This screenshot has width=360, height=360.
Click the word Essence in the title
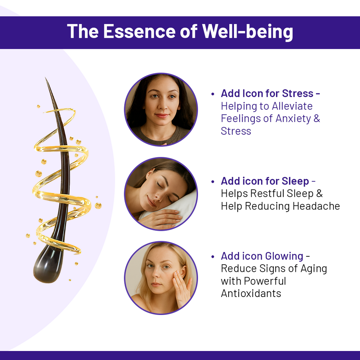coord(139,31)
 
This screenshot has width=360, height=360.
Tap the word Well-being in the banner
coord(248,32)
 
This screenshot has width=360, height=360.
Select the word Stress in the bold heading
coord(298,94)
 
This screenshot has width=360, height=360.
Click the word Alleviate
coord(292,106)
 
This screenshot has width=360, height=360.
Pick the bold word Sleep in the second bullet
coord(295,181)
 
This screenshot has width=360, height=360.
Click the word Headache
coord(316,206)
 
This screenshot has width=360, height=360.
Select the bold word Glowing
coord(284,256)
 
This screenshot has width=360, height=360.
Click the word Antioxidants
coord(251,293)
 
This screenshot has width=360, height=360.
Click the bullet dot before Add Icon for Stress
coord(213,94)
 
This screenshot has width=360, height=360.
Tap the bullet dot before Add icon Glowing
coord(213,257)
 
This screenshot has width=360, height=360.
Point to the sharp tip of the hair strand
coord(45,78)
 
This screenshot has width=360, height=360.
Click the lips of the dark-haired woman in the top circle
coord(161,116)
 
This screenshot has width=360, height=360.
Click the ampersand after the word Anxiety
coord(316,119)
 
